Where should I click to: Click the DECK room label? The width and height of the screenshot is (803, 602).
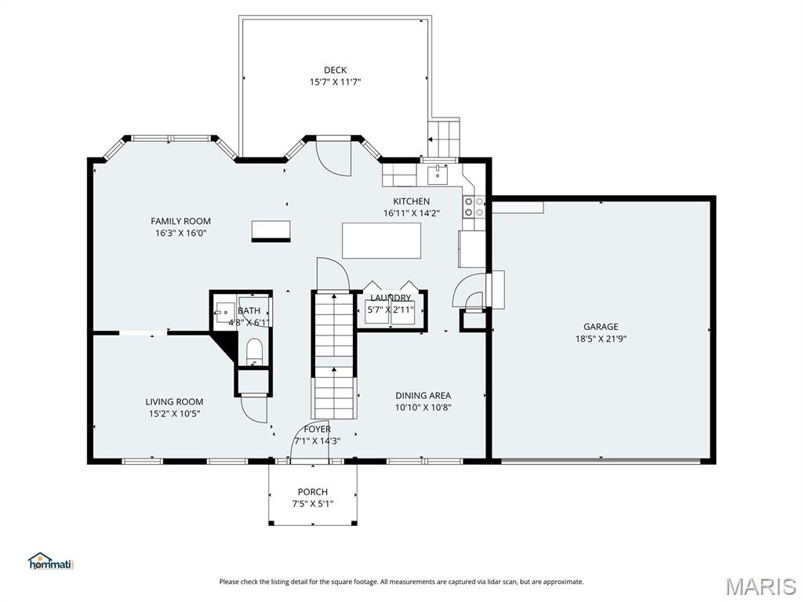pos(335,71)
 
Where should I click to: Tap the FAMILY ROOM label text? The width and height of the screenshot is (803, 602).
pos(180,221)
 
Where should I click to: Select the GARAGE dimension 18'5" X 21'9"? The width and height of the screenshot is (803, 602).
pos(601,339)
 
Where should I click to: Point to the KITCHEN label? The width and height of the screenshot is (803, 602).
pos(411,201)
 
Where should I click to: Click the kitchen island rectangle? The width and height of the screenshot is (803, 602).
pos(381,241)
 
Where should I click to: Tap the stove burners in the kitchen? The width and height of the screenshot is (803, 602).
pos(474,206)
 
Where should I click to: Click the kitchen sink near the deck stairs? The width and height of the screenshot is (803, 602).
pos(434,173)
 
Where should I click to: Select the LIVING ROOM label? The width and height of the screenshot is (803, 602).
pos(174,401)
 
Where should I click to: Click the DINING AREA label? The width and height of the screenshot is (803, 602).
pos(423,396)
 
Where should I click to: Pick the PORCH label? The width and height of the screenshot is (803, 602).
pos(313,492)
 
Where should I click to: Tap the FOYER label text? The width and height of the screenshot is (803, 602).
pos(317,429)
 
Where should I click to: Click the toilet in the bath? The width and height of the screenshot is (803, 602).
pos(255,350)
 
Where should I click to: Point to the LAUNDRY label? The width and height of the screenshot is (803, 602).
pos(390,298)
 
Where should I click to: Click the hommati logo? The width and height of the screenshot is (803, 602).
pos(51,561)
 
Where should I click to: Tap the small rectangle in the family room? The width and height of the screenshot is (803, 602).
pos(271,230)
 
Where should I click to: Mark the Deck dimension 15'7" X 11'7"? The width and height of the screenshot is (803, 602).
pos(335,82)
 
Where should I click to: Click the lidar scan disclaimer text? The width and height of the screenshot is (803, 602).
pos(401,582)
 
